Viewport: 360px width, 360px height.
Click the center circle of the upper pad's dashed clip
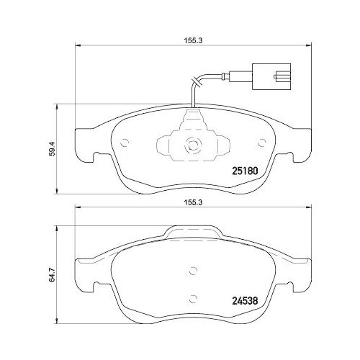coord(192,144)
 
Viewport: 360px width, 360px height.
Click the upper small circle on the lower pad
coord(192,271)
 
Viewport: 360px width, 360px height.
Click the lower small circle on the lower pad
coord(192,297)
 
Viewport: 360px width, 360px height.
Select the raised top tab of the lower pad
coord(192,233)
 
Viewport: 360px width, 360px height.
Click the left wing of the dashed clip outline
coord(165,147)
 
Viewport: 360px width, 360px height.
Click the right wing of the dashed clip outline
coord(220,147)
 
